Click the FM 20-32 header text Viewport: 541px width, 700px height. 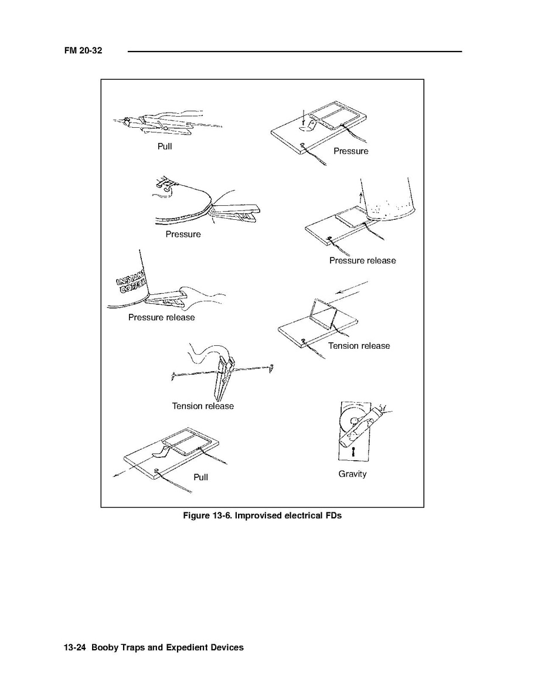(83, 50)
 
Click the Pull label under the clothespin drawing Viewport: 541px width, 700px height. (165, 147)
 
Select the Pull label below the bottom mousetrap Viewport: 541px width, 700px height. (201, 477)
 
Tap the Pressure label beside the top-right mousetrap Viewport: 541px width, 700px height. (351, 151)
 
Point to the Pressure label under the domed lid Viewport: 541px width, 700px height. (183, 235)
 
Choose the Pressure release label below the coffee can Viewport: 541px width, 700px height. (162, 317)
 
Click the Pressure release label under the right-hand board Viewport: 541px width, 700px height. (362, 261)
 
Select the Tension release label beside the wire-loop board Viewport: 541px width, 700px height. (359, 346)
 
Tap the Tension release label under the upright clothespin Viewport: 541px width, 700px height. (203, 406)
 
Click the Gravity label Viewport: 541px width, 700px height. (352, 474)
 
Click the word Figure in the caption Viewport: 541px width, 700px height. (196, 516)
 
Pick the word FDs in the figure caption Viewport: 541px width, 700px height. (334, 516)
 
